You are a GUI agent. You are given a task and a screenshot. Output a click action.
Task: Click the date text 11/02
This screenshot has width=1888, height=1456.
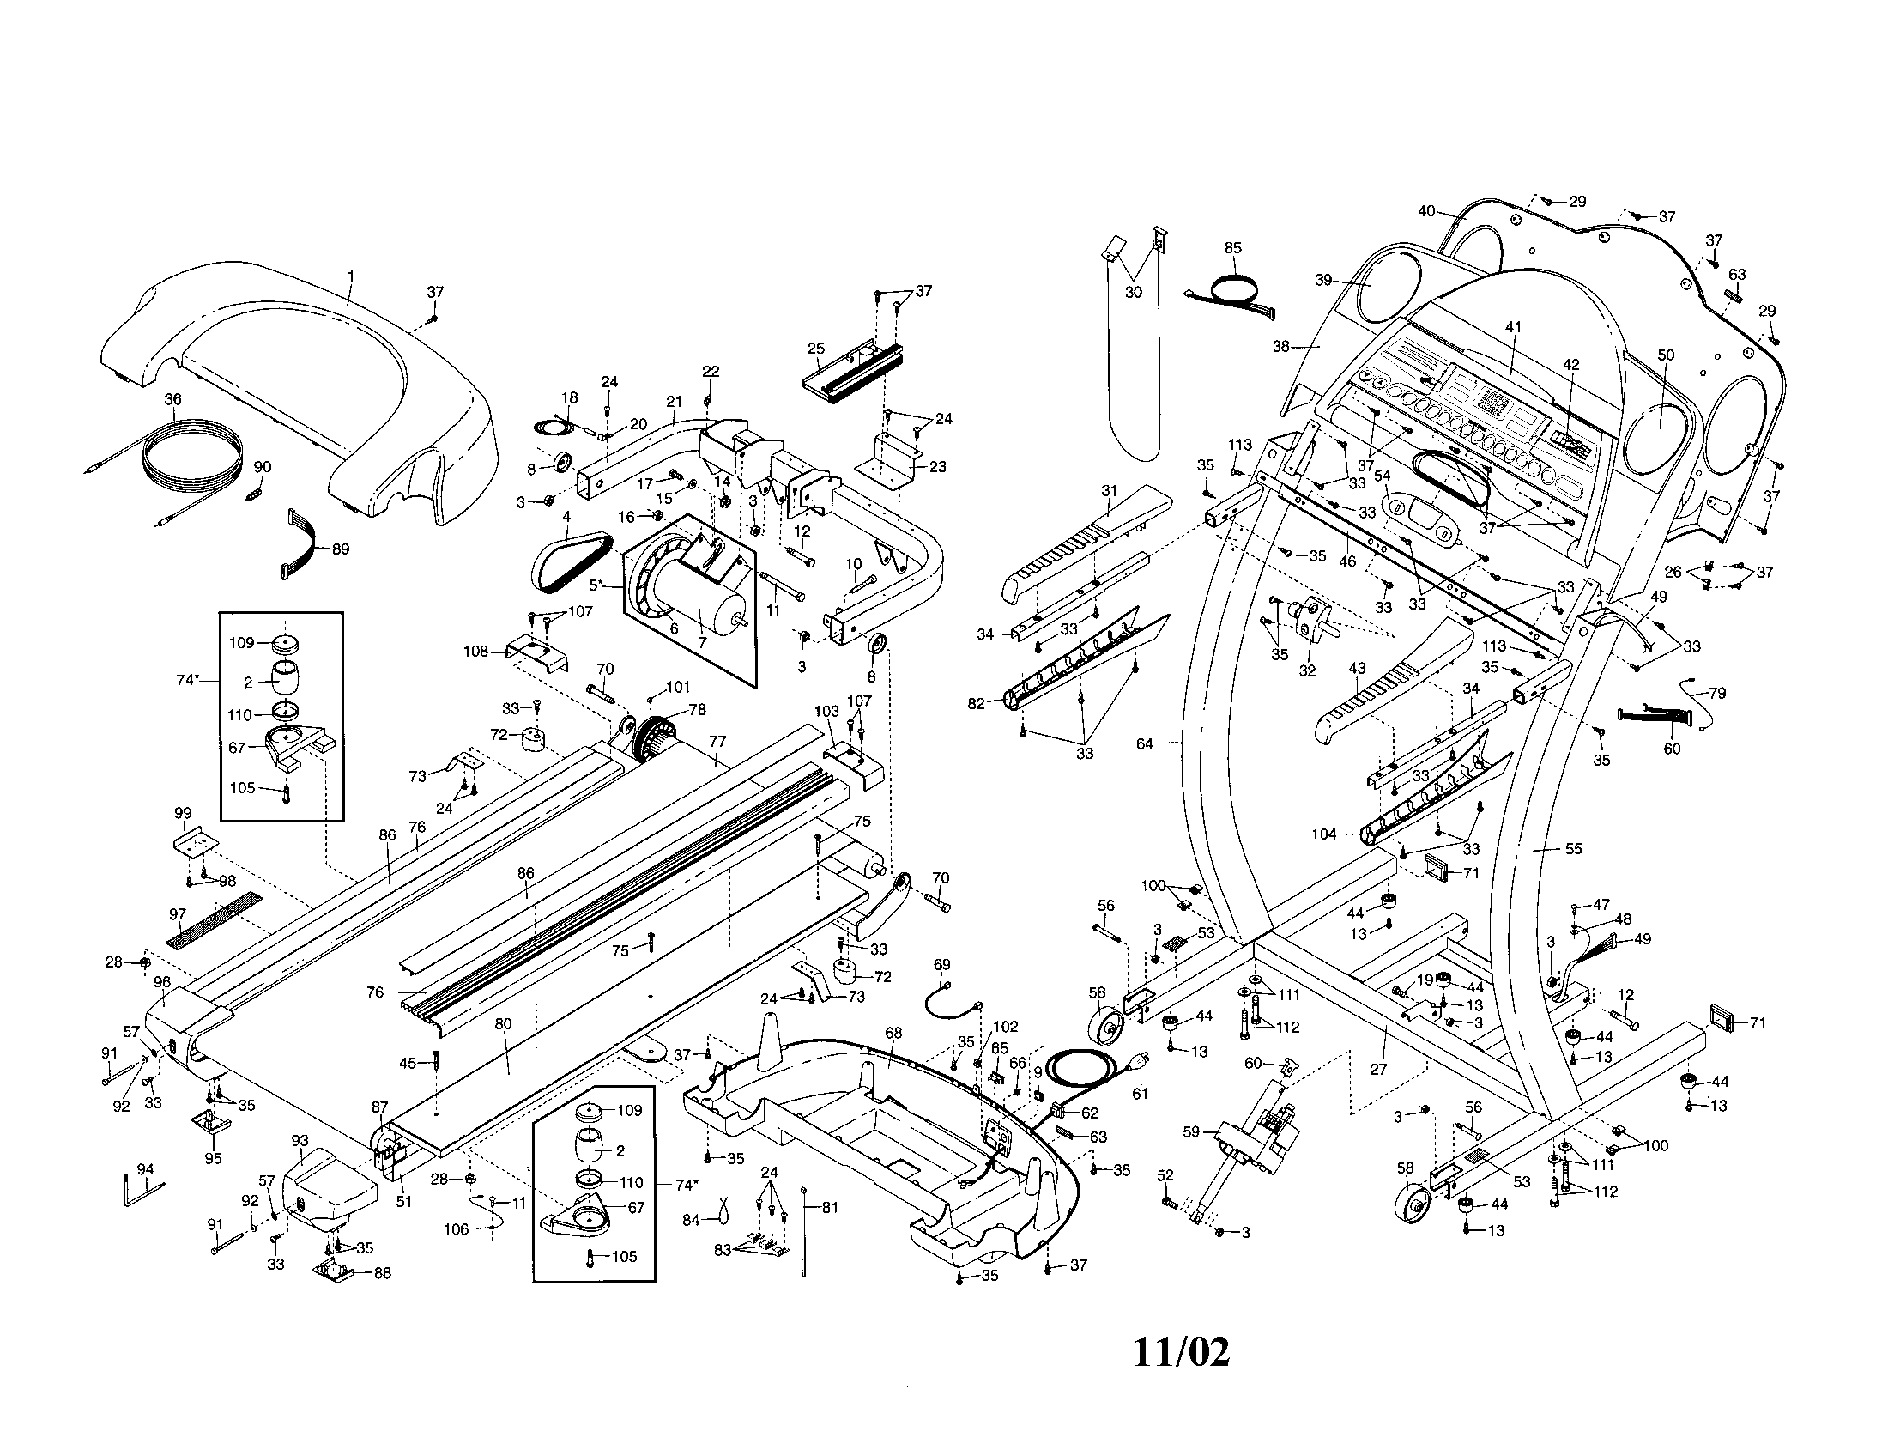click(x=1180, y=1352)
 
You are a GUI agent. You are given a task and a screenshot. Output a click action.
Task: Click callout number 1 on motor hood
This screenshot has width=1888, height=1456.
click(x=350, y=276)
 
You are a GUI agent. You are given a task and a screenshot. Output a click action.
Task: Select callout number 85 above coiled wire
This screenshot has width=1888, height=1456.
click(x=1232, y=248)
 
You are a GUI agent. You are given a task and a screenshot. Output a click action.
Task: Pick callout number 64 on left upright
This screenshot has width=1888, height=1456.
click(x=1145, y=743)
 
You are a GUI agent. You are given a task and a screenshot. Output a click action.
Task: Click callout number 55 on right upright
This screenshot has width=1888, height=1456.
click(x=1573, y=849)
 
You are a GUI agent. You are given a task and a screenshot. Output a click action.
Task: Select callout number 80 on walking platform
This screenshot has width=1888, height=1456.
click(x=503, y=1024)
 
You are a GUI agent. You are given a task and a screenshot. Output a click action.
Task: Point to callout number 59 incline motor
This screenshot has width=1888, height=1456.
click(x=1191, y=1131)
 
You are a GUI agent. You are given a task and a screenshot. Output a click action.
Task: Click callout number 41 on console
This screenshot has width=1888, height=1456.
click(x=1513, y=327)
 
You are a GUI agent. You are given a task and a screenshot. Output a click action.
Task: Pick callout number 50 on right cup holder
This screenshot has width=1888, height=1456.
click(x=1666, y=355)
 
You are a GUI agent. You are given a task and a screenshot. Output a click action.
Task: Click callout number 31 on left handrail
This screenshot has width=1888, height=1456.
click(x=1109, y=491)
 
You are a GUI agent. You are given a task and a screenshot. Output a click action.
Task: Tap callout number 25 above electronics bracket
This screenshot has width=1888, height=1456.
click(x=816, y=349)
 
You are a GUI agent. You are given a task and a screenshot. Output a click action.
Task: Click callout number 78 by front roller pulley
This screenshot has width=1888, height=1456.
click(x=697, y=710)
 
